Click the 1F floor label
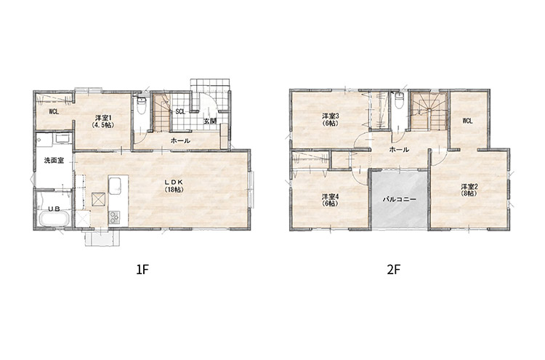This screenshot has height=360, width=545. tap(142, 270)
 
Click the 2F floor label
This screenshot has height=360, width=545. tap(394, 270)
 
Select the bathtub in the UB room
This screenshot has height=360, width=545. tap(54, 219)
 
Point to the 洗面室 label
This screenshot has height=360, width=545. tap(54, 161)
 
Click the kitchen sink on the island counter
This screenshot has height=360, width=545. tap(115, 185)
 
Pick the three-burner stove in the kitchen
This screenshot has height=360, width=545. tap(114, 217)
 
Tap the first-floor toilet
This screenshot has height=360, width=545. tap(142, 106)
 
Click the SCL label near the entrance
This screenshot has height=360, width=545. tap(180, 112)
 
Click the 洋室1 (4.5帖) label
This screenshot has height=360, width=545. tap(102, 122)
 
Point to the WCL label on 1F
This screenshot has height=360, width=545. tap(54, 112)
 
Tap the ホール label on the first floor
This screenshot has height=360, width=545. tap(180, 141)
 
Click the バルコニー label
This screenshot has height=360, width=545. tap(400, 200)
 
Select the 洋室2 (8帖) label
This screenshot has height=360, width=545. tap(470, 190)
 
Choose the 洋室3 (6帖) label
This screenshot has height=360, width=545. tap(331, 119)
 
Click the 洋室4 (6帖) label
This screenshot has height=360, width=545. tap(331, 200)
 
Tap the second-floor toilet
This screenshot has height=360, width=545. tap(399, 100)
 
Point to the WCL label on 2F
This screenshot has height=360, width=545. tap(467, 121)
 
